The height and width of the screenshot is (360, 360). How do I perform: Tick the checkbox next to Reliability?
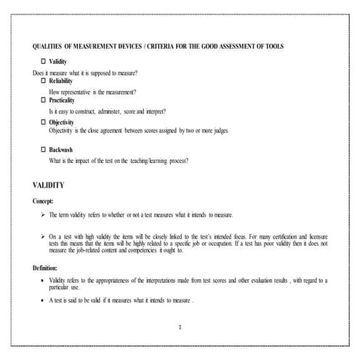43,82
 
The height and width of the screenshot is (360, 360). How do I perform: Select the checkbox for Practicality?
43,101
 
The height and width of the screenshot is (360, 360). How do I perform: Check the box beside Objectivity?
43,122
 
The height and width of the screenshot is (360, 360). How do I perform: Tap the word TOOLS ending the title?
273,46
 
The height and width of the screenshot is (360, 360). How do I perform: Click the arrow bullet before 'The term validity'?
42,216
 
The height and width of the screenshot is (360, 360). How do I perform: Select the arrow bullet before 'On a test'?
42,236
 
